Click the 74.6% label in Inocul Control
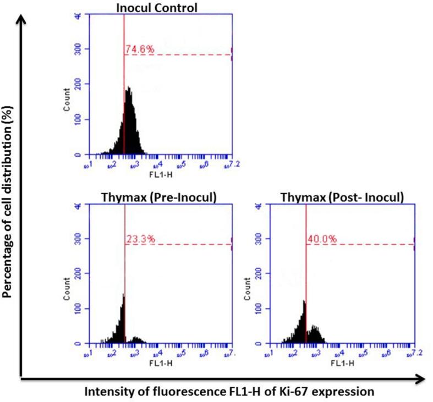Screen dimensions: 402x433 point(140,50)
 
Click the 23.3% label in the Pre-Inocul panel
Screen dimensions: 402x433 point(140,239)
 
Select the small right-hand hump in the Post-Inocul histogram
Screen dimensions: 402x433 point(314,329)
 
